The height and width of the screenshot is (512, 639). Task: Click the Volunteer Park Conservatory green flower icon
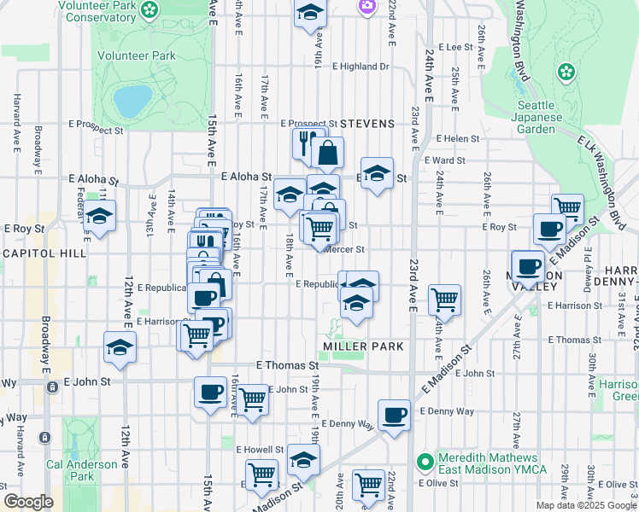click(x=150, y=10)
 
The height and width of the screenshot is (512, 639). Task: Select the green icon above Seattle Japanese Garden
click(x=565, y=72)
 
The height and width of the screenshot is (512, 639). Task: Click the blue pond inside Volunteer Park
click(x=132, y=101)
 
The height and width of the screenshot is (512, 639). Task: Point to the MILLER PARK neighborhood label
click(x=363, y=346)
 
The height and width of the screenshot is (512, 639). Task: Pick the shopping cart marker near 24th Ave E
click(x=444, y=300)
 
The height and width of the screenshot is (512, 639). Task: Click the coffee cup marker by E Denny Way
click(x=393, y=415)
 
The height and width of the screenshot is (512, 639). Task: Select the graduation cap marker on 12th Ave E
click(x=120, y=346)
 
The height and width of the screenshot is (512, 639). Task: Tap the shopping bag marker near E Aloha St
click(x=327, y=154)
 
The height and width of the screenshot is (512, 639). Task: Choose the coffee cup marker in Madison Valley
click(x=528, y=265)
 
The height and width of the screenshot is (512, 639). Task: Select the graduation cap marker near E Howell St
click(x=303, y=460)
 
